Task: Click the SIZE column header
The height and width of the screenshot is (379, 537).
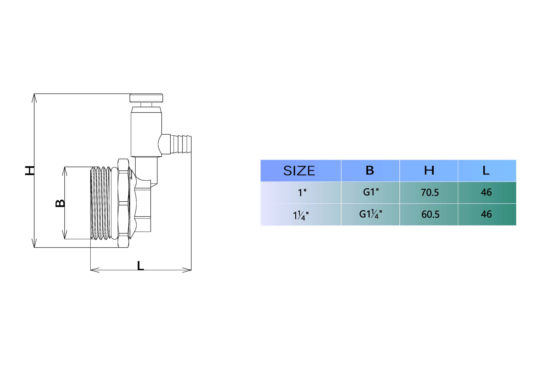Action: pos(299,171)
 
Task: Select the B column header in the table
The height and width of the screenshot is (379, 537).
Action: pos(370,170)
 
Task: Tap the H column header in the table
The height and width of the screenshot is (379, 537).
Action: pos(429,170)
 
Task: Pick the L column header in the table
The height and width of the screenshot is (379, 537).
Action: pos(486,170)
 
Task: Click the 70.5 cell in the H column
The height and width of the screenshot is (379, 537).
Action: pos(430,192)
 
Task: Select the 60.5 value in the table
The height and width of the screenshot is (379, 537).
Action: pos(430,214)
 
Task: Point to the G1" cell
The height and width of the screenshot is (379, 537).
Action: pos(371,192)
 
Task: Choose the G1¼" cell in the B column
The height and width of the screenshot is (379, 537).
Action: pos(371,214)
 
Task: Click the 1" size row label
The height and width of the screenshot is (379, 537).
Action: pos(302,193)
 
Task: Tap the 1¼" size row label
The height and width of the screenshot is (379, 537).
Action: pos(301,215)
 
